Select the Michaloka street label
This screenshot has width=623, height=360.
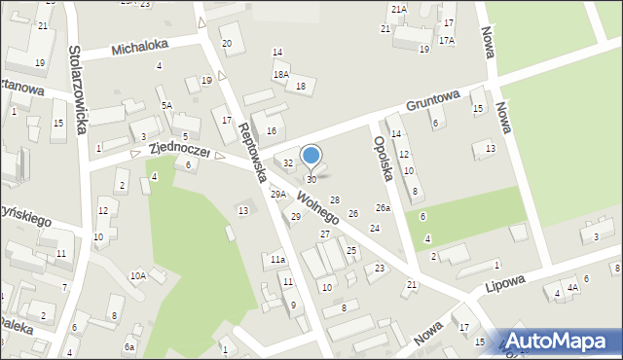[139, 46]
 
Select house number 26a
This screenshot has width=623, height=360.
[383, 208]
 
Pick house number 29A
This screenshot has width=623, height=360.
[278, 195]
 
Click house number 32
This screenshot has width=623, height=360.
[288, 163]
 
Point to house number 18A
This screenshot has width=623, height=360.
[280, 74]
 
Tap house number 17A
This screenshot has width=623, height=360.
[446, 40]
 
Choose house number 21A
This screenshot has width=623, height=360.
[398, 9]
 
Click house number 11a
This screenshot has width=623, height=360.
[277, 260]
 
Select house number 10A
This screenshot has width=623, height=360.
[138, 275]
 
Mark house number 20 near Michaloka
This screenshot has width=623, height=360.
[227, 43]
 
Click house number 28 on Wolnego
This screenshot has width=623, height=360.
[334, 199]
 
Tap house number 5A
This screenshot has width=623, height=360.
[166, 105]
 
